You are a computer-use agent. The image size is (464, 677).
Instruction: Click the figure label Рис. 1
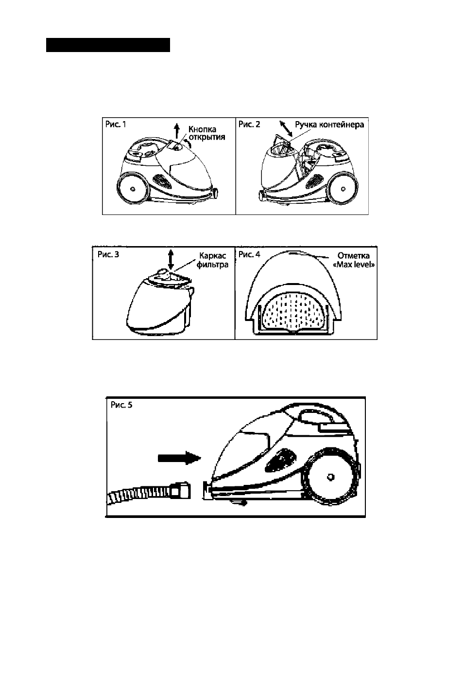coord(116,124)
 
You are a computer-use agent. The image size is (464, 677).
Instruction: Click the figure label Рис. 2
coord(249,124)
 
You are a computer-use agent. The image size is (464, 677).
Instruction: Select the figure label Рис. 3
coord(108,254)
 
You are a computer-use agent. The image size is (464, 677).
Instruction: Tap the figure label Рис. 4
coord(249,254)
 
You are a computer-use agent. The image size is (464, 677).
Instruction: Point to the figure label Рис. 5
coord(121,405)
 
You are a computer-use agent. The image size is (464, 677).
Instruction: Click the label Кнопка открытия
coord(206,133)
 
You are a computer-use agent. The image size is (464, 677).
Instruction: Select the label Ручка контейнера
coord(329,125)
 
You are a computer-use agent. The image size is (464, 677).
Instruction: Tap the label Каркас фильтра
coord(212,260)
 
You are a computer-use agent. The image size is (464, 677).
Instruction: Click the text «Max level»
coord(354,265)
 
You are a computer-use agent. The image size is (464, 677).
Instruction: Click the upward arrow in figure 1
coord(177,130)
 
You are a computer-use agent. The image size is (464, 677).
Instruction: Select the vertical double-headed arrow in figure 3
coord(171,259)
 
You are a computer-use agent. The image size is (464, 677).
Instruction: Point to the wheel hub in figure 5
coord(330,477)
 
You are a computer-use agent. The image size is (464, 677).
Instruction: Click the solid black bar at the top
coord(108,45)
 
